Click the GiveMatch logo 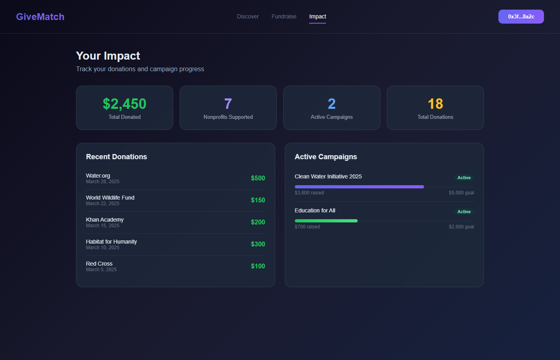pyautogui.click(x=40, y=17)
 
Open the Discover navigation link pyautogui.click(x=248, y=16)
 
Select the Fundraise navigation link pyautogui.click(x=284, y=16)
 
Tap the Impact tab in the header pyautogui.click(x=318, y=16)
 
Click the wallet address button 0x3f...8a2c pyautogui.click(x=521, y=16)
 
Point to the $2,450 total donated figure pyautogui.click(x=124, y=104)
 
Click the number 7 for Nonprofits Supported pyautogui.click(x=228, y=104)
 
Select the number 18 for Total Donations pyautogui.click(x=435, y=104)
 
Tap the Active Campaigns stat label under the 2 pyautogui.click(x=332, y=117)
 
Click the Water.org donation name pyautogui.click(x=98, y=176)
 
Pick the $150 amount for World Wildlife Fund pyautogui.click(x=258, y=200)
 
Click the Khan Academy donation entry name pyautogui.click(x=105, y=220)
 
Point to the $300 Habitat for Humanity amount pyautogui.click(x=258, y=244)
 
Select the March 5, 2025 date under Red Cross pyautogui.click(x=101, y=270)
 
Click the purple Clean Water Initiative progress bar pyautogui.click(x=359, y=187)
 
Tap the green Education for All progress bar pyautogui.click(x=326, y=221)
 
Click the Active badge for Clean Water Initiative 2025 pyautogui.click(x=464, y=178)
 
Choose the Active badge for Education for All pyautogui.click(x=464, y=212)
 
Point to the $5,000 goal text pyautogui.click(x=461, y=193)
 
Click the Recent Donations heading pyautogui.click(x=116, y=157)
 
